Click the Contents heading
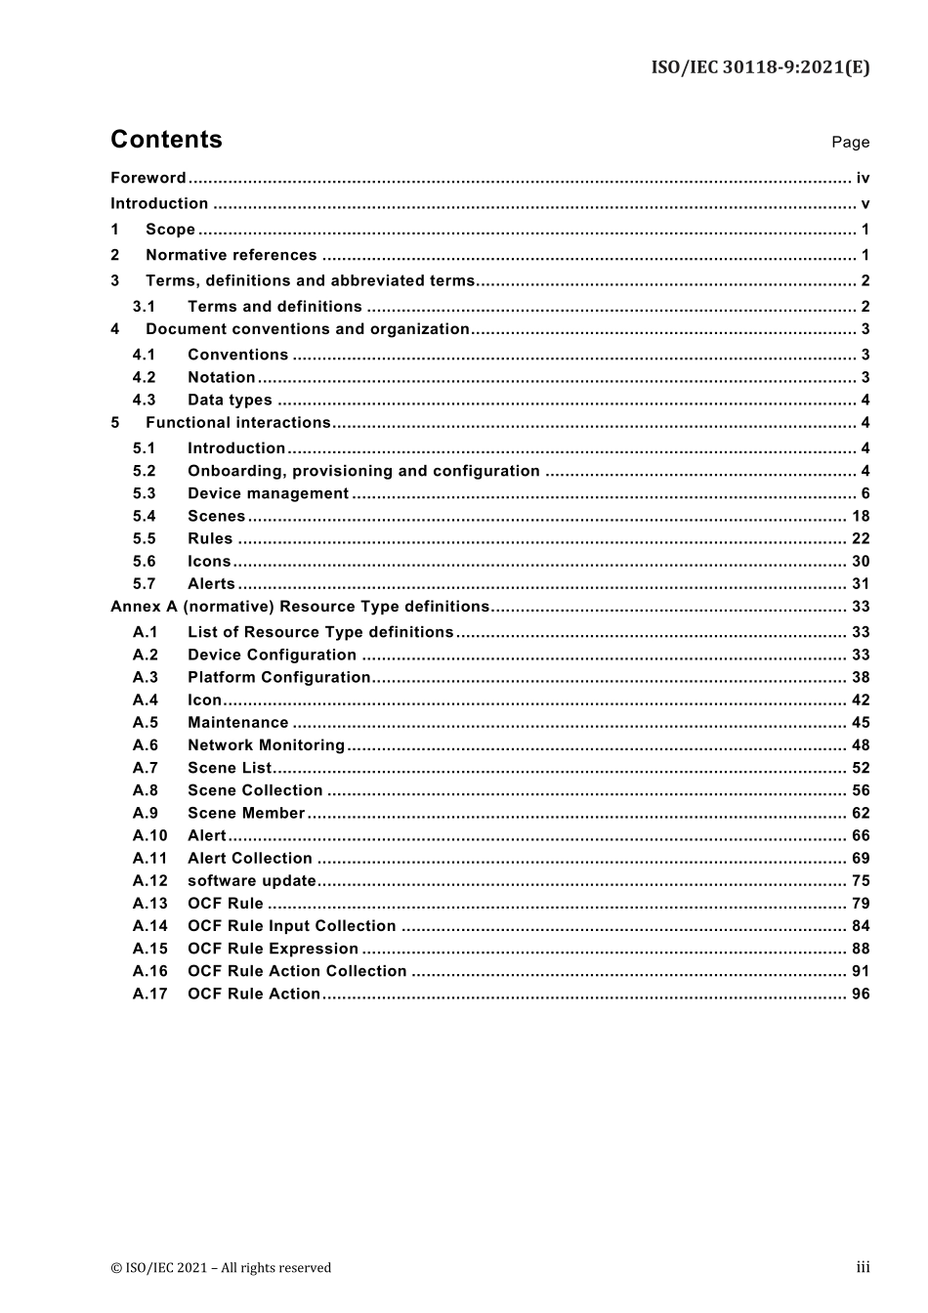coord(166,140)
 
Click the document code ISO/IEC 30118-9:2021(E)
coord(760,67)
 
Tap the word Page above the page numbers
coord(850,143)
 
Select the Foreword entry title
coord(148,178)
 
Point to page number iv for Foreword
coord(863,178)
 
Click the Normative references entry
coord(231,255)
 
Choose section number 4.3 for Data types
coord(144,400)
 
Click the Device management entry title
coord(268,493)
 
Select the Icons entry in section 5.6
coord(209,561)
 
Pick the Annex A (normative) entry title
coord(299,607)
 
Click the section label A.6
coord(146,745)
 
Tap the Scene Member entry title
coord(246,813)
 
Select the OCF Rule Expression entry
coord(273,949)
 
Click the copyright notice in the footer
coord(221,1268)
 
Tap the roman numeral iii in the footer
coord(863,1267)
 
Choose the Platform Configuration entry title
coord(278,677)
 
